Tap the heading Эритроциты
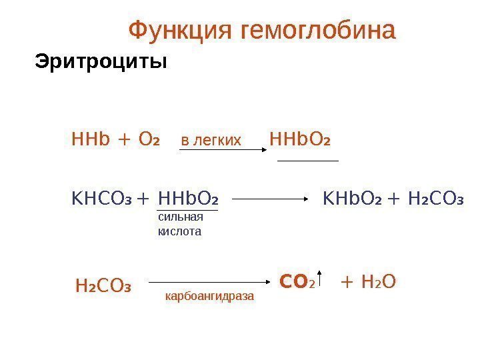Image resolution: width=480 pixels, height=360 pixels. click(100, 63)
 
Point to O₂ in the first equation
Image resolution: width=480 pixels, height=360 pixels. click(149, 141)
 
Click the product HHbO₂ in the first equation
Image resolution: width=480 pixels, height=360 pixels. click(301, 141)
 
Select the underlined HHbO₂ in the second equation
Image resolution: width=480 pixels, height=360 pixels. click(187, 199)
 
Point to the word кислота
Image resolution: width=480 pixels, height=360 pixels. click(179, 231)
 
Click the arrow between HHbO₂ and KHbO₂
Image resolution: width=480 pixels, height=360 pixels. click(271, 199)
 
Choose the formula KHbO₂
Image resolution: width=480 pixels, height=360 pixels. click(351, 199)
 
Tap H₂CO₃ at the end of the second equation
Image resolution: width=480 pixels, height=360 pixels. click(434, 199)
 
